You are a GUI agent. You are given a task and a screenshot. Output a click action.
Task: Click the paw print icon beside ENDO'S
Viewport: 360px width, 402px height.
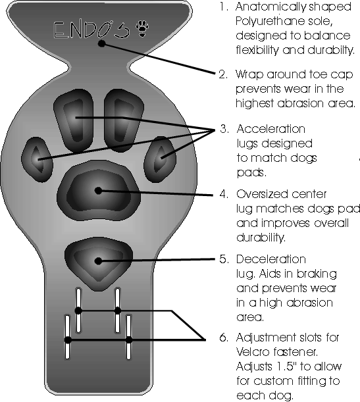143,29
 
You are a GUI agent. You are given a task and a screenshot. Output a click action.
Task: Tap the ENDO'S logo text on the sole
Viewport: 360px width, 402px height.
91,30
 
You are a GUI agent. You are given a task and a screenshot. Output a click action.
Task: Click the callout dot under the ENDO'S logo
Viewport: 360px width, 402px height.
102,43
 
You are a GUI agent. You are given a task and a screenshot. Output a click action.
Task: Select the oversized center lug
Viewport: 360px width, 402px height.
99,190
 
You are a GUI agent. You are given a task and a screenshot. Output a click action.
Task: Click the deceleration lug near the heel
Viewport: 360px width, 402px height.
99,263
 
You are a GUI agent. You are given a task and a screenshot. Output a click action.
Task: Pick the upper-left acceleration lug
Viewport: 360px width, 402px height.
74,120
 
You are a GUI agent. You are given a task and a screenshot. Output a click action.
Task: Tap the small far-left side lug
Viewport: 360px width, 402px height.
37,159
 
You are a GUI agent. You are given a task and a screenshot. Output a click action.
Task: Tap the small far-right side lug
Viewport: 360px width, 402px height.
160,159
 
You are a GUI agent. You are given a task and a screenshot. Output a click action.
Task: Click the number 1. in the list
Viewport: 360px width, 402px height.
224,7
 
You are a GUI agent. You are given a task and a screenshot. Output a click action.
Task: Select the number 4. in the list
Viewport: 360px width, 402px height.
224,194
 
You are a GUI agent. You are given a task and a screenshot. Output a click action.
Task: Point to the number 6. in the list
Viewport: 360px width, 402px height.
224,338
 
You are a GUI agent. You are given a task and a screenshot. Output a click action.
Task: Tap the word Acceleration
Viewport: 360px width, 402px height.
270,129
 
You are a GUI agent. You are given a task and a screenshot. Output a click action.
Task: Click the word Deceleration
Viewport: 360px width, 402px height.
271,259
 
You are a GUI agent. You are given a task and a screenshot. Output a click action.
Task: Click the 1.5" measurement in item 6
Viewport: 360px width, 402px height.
286,366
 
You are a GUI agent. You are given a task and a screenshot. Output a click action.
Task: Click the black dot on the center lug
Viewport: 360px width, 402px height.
98,191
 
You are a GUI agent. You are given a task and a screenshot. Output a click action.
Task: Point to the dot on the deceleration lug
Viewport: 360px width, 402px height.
98,261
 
